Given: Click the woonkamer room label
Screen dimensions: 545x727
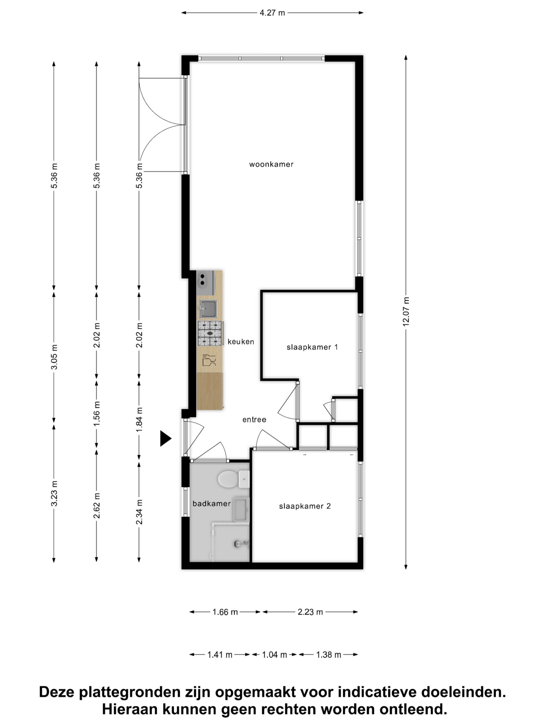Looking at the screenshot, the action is click(271, 164).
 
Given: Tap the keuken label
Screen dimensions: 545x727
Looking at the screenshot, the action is click(241, 342).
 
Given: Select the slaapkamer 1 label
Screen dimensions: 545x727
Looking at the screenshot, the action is click(312, 347).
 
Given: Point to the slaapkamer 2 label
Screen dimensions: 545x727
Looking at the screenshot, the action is click(305, 506).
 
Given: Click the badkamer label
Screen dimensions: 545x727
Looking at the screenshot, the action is click(211, 503).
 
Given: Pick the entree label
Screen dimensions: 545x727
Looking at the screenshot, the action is click(254, 420).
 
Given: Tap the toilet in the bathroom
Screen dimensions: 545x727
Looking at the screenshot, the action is click(234, 479).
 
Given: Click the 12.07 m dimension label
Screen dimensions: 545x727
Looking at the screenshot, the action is click(406, 312).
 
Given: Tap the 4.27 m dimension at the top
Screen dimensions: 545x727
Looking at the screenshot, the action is click(272, 13).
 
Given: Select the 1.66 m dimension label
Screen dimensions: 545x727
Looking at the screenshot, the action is click(225, 612).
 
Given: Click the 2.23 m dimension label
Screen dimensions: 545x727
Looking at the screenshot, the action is click(310, 612).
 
